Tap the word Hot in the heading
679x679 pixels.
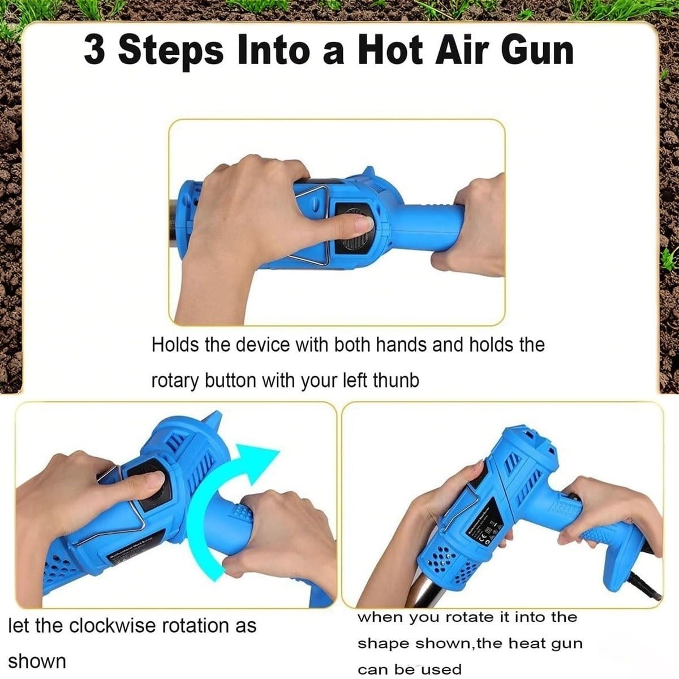(390, 50)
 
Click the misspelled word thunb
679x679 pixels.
(396, 380)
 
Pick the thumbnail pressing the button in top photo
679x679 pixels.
(364, 223)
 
